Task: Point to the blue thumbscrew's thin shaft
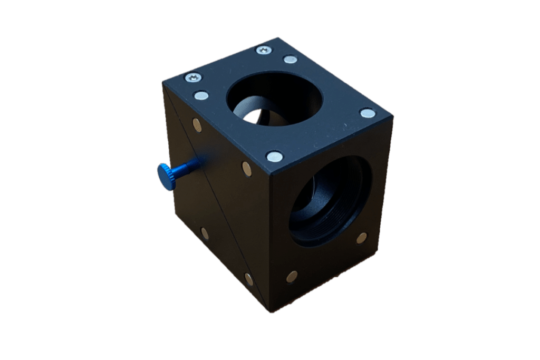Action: [187, 167]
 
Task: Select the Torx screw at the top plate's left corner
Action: [194, 78]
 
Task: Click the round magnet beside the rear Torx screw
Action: [290, 60]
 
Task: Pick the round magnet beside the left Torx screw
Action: [200, 96]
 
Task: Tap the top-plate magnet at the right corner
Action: [368, 113]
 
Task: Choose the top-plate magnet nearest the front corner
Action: [274, 156]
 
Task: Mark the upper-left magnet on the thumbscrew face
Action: [197, 125]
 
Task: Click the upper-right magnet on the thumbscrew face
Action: [246, 168]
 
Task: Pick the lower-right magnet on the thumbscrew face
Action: [248, 279]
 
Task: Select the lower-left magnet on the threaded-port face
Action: [292, 276]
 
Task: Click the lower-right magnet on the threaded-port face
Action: [361, 238]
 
